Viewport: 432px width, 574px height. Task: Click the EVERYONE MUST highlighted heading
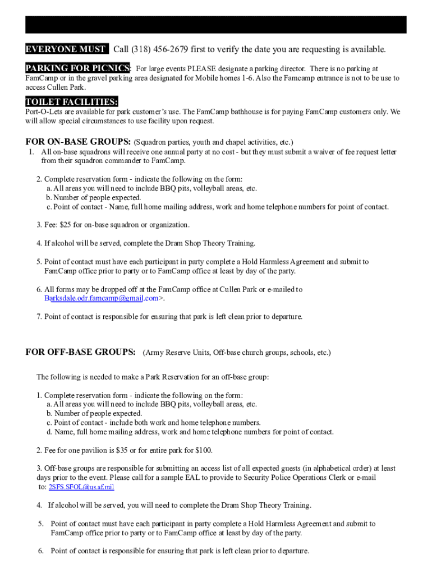(x=65, y=49)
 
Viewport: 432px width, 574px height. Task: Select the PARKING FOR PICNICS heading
(x=77, y=68)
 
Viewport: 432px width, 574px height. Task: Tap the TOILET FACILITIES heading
(x=71, y=101)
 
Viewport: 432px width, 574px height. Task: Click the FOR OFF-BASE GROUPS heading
(x=80, y=352)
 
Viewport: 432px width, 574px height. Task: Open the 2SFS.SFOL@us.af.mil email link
(x=81, y=487)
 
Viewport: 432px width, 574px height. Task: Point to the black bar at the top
(x=215, y=25)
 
